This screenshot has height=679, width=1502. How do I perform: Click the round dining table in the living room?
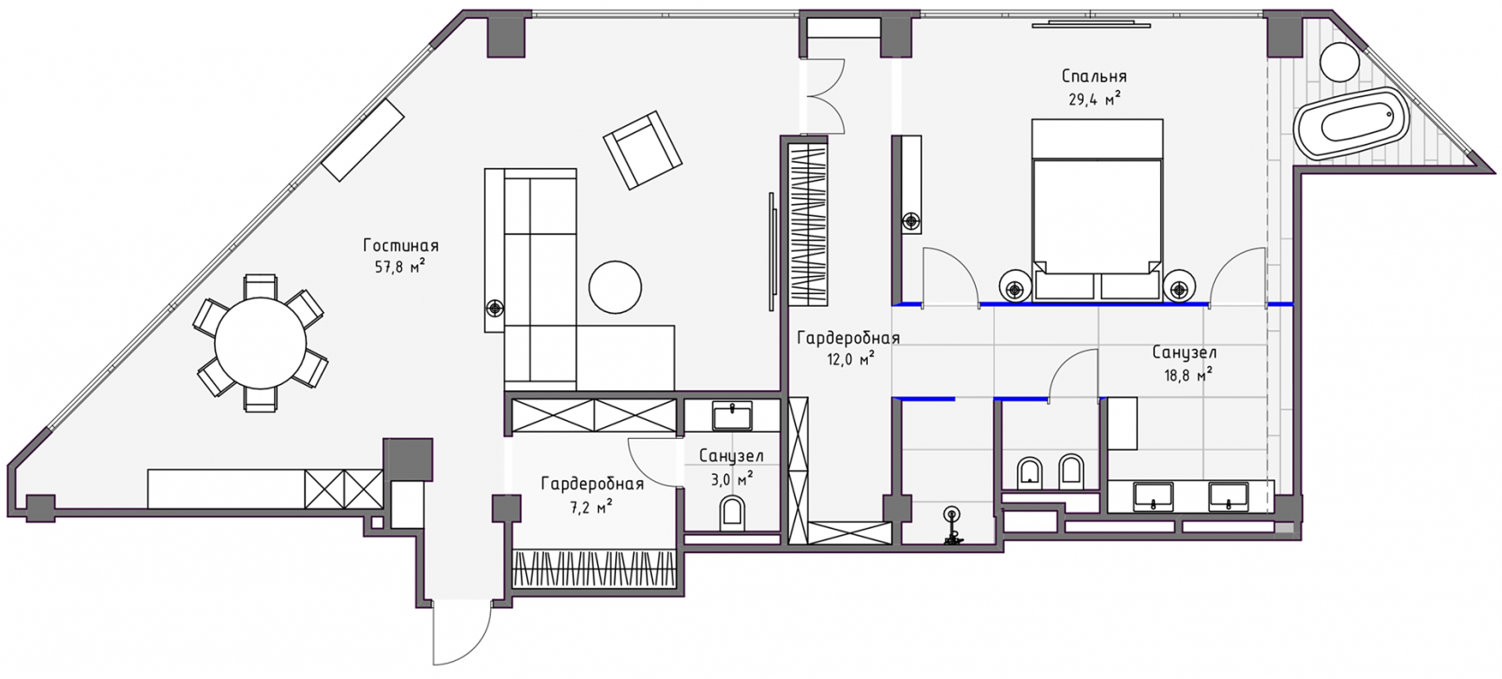pos(260,343)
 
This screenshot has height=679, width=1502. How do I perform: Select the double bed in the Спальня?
pos(1097,210)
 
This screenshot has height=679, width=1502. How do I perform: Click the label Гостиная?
pos(401,246)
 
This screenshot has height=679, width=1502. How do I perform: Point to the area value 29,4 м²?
pos(1095,100)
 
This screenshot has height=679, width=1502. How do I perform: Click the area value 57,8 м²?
pos(400,267)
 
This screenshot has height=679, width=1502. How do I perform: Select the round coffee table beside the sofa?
pos(615,287)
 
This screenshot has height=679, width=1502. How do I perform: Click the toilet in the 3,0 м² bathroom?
pos(731,514)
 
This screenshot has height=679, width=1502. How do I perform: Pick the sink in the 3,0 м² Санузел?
pos(732,415)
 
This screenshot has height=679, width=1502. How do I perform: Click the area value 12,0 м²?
pos(850,359)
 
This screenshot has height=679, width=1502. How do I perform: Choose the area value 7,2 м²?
pos(592,507)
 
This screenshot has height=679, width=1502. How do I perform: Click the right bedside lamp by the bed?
pos(1179,289)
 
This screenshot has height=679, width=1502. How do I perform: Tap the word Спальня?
pos(1095,76)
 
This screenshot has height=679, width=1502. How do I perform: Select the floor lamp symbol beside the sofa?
pos(495,308)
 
